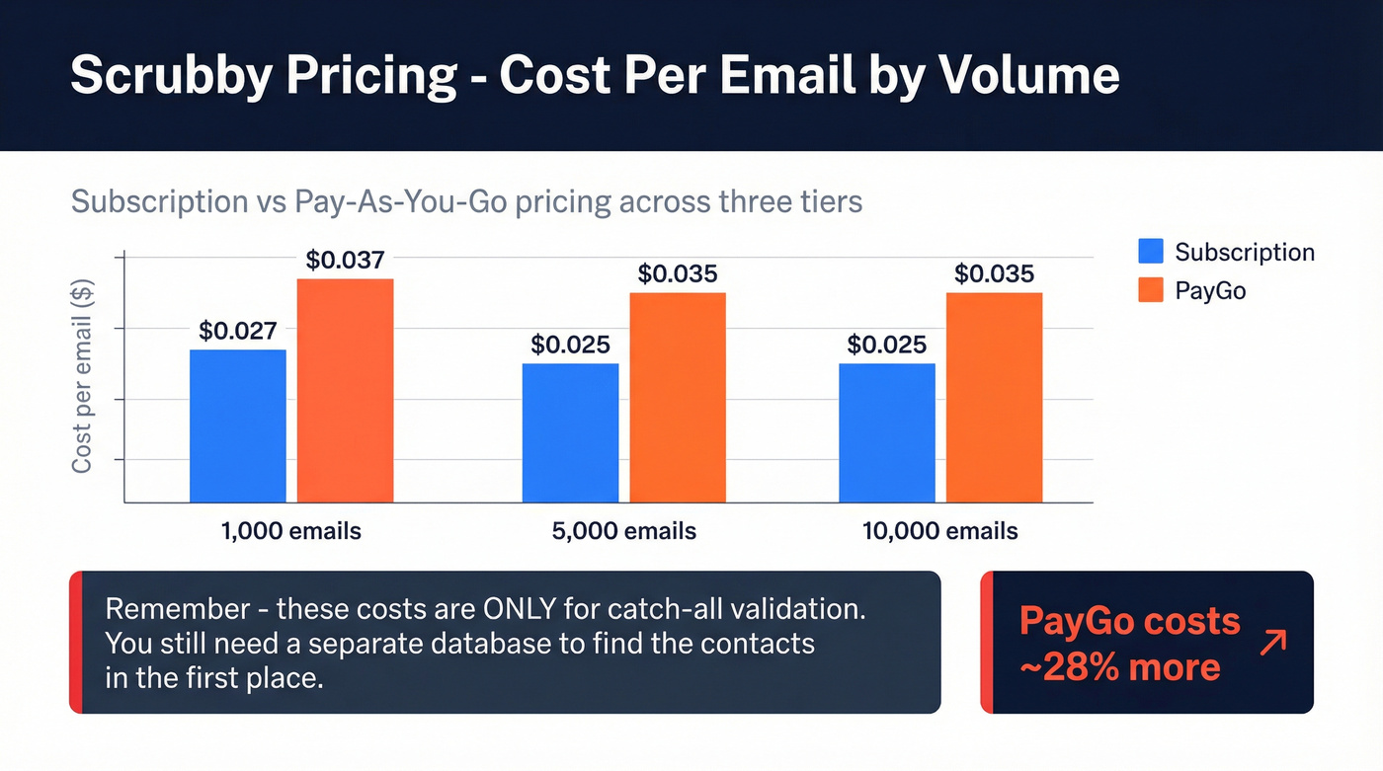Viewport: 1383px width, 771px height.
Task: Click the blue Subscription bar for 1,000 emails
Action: tap(238, 425)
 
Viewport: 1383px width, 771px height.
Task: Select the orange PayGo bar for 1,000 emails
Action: tap(345, 390)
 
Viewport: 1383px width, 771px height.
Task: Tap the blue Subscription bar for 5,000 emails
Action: tap(570, 432)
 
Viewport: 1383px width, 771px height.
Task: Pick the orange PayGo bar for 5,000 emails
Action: tap(678, 397)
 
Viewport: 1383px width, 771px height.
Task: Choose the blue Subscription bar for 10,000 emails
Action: tap(887, 432)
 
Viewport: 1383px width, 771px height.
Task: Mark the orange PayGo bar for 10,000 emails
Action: tap(994, 397)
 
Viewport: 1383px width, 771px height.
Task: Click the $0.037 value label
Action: tap(345, 261)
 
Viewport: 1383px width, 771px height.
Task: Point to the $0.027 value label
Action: tap(238, 332)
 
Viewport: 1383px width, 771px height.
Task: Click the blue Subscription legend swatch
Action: tap(1151, 251)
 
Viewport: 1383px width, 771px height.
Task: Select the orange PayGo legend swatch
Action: tap(1151, 290)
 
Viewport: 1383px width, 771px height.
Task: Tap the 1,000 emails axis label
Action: tap(290, 531)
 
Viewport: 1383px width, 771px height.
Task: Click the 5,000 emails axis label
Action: tap(624, 531)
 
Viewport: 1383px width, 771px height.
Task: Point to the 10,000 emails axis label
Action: tap(940, 531)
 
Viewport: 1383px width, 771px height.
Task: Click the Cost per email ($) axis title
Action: tap(82, 376)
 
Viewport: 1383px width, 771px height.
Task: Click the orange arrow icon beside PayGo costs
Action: tap(1273, 643)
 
